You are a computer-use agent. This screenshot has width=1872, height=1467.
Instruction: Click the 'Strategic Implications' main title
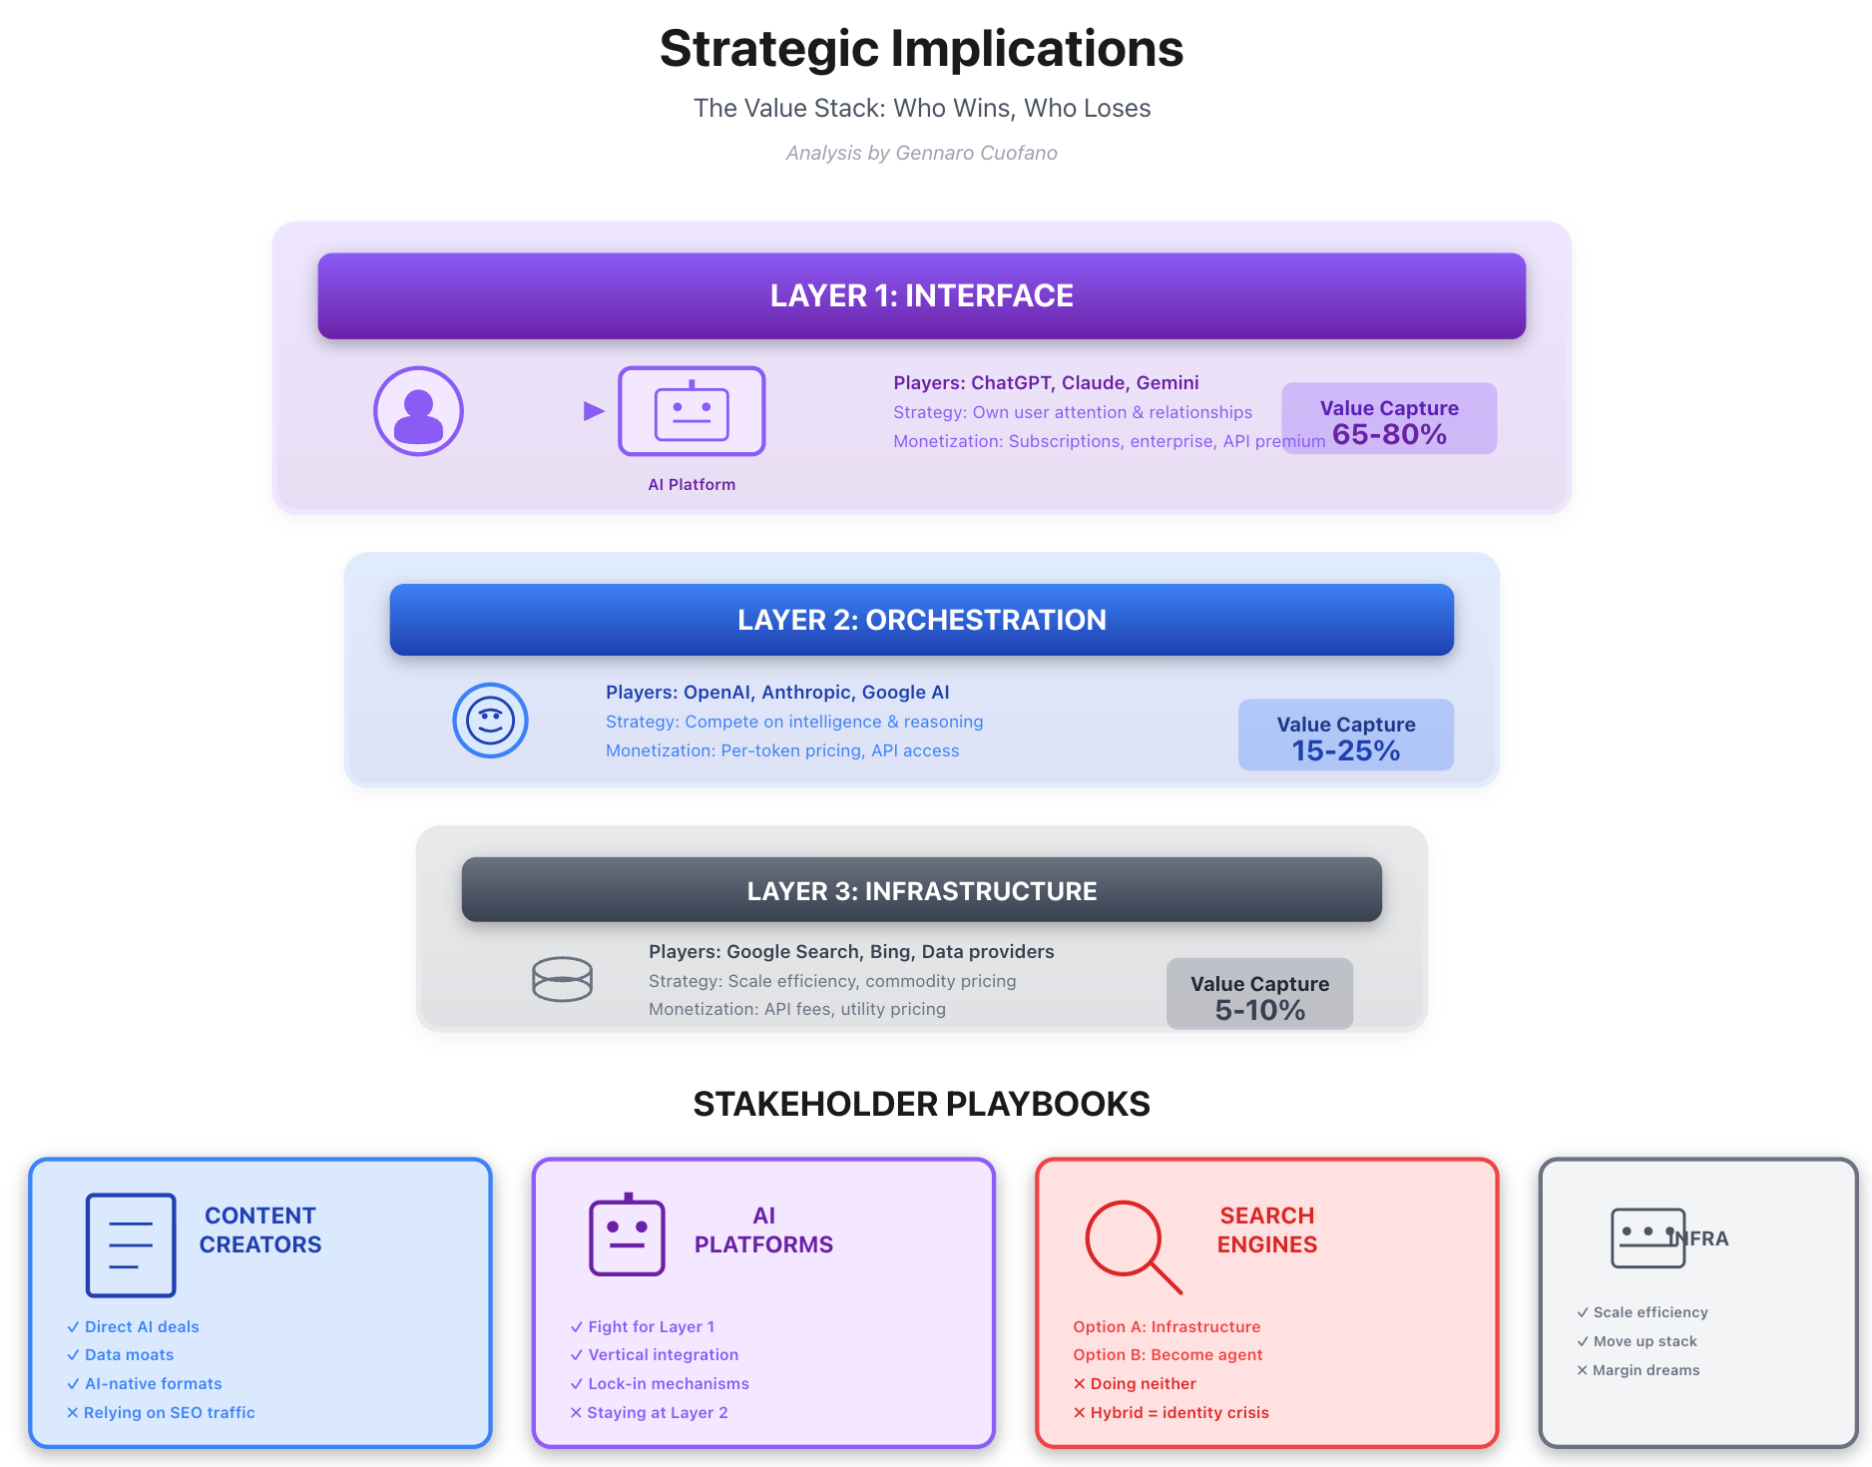tap(921, 49)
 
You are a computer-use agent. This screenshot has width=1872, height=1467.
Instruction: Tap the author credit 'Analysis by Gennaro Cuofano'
tap(921, 153)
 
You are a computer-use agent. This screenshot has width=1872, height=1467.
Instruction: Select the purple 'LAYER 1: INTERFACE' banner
tap(921, 295)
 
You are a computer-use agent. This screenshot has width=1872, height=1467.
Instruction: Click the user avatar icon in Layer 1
tap(418, 411)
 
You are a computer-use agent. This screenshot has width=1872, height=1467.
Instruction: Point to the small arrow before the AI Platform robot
tap(594, 410)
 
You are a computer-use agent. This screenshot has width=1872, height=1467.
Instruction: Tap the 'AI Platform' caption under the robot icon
tap(692, 484)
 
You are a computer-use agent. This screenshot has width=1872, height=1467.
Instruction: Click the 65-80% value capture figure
tap(1389, 434)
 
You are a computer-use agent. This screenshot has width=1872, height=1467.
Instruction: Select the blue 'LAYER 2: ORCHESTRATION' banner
tap(921, 620)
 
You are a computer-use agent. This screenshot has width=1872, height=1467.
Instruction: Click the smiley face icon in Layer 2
tap(490, 721)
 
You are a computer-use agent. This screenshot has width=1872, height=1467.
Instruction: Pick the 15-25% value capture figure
tap(1345, 750)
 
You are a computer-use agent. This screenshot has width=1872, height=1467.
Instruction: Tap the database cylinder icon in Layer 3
tap(562, 979)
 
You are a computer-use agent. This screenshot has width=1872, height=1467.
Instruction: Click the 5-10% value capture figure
tap(1259, 1010)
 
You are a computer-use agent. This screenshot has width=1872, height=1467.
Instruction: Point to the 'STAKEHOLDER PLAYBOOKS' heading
tap(921, 1104)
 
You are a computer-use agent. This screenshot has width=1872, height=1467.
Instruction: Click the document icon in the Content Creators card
tap(131, 1244)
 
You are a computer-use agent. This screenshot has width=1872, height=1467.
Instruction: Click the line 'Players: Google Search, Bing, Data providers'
tap(851, 951)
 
